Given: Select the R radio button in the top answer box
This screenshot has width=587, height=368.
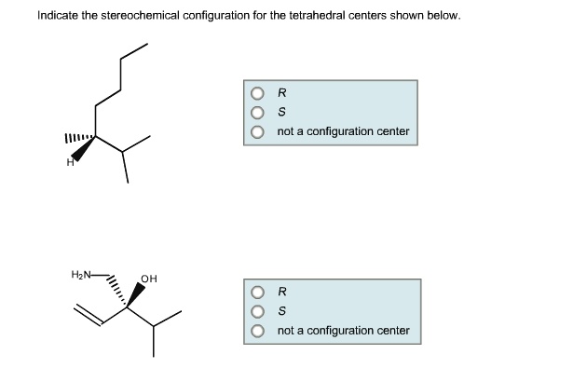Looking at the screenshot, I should pos(256,93).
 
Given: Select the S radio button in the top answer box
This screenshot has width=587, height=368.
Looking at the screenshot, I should pos(256,112).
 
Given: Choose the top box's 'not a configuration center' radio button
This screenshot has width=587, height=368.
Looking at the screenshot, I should pos(256,131).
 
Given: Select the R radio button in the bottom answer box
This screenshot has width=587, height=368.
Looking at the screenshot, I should pos(256,292).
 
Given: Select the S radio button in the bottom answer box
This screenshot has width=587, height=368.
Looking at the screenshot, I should pos(256,311).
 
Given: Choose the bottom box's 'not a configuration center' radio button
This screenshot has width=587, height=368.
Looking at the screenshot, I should pos(256,331).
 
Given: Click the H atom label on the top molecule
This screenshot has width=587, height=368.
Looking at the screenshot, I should pos(68,164).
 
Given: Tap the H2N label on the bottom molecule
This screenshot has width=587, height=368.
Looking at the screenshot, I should pos(82,275).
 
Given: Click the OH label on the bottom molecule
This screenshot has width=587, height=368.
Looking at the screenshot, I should pos(149,279).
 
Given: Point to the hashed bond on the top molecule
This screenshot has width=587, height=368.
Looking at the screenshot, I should pos(78,140).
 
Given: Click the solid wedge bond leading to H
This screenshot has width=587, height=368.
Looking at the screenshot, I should pos(85,150).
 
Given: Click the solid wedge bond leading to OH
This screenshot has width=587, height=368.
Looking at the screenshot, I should pos(138,293).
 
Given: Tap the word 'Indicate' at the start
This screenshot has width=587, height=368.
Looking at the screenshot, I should pos(57,16).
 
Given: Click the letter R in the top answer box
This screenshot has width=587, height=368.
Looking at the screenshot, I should pos(281,93).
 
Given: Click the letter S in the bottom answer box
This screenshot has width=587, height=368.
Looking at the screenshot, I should pos(281,311).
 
